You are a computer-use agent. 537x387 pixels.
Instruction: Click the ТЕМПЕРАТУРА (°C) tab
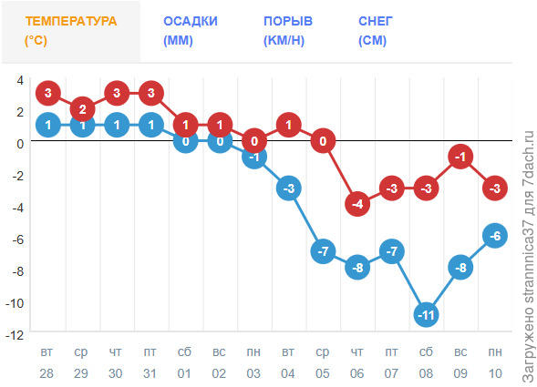(70, 31)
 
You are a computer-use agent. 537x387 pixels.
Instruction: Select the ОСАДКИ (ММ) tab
(190, 31)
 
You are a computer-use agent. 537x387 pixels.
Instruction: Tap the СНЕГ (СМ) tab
(375, 31)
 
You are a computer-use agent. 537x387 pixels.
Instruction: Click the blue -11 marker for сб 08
(426, 315)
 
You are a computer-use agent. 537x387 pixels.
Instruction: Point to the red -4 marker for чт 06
(357, 204)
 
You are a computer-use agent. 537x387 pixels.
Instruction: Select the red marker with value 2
(83, 109)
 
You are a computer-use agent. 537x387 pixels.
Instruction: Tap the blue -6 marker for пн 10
(495, 236)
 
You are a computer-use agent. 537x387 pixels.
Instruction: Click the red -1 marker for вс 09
(460, 157)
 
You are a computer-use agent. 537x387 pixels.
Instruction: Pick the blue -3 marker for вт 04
(288, 188)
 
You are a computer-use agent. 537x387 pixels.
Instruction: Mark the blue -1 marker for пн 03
(254, 157)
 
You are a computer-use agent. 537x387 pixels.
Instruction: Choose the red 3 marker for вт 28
(48, 93)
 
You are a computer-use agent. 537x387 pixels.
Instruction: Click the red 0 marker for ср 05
(323, 141)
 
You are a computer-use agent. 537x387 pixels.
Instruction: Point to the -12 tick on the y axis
(15, 335)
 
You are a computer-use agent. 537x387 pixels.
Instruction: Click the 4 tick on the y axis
(19, 80)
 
